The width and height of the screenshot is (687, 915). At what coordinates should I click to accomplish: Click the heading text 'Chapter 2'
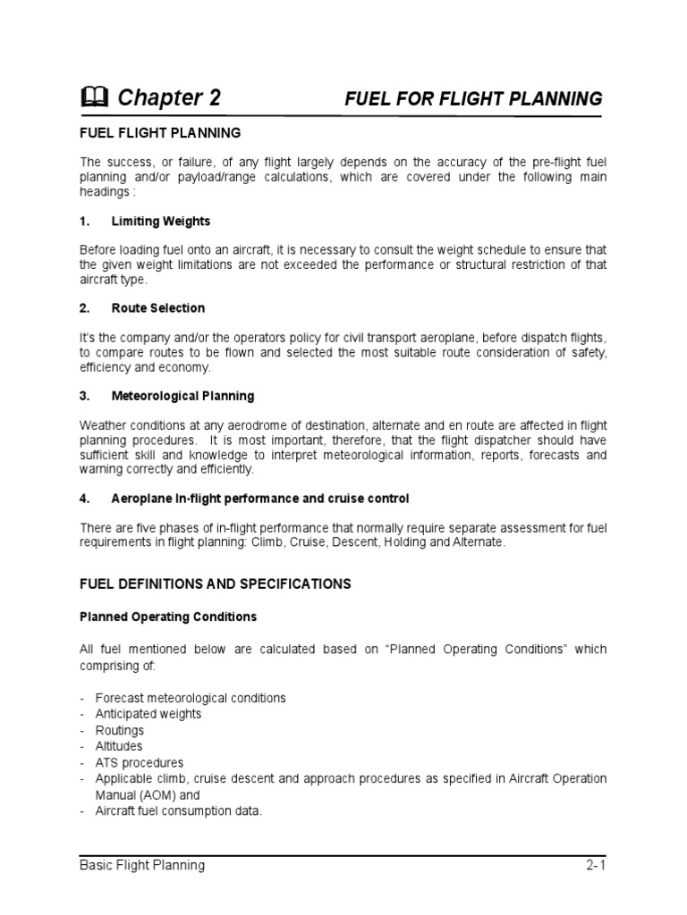coord(169,98)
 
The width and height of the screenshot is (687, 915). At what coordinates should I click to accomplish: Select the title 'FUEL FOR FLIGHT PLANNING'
coord(473,98)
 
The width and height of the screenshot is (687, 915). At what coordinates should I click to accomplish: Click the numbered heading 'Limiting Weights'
coord(161,220)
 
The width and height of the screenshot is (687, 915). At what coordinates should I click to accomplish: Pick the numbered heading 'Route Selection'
coord(157,307)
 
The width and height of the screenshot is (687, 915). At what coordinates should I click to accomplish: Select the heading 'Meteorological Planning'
coord(182,395)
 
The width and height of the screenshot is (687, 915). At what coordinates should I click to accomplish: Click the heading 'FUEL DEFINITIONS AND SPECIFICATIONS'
coord(216,584)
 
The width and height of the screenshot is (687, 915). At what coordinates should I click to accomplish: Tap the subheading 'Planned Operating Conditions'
coord(168,617)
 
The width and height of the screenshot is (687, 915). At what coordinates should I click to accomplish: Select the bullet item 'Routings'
coord(120,730)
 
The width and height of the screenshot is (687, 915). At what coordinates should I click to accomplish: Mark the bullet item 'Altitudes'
coord(119,746)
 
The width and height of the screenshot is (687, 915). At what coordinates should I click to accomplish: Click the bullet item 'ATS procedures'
coord(140,763)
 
